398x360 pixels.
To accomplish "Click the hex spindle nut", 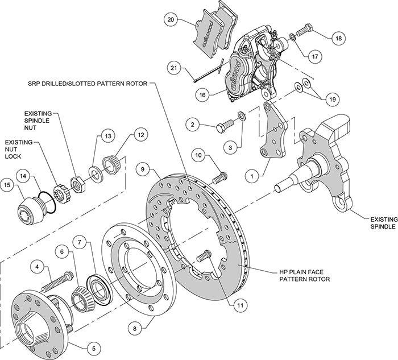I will (x=77, y=183).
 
